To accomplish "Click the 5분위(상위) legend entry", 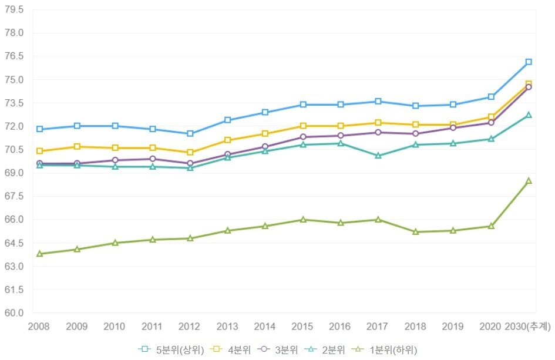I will [x=171, y=349].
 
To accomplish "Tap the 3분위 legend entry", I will [x=280, y=349].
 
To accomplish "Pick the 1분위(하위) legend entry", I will [x=385, y=349].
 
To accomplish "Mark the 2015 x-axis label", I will [x=303, y=326].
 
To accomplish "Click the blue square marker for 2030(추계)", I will [x=529, y=62].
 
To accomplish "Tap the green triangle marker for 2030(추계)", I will [x=529, y=181].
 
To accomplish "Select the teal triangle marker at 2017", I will [x=378, y=156].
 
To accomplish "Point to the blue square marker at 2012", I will [x=190, y=133].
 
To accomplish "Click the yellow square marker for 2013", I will [x=228, y=140].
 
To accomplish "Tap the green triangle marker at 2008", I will [x=39, y=254].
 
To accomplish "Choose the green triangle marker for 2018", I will [x=416, y=232].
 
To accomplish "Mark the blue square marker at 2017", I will [x=378, y=102].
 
